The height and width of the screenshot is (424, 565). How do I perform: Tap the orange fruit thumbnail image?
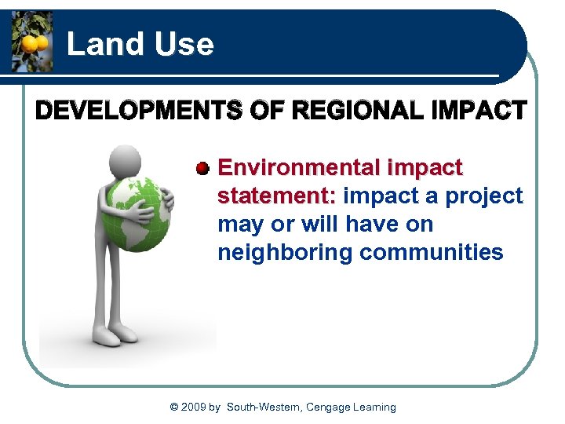pyautogui.click(x=32, y=42)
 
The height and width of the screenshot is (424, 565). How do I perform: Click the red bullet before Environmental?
pyautogui.click(x=202, y=168)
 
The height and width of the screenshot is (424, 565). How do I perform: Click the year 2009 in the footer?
pyautogui.click(x=195, y=407)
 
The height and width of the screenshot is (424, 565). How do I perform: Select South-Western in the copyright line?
pyautogui.click(x=263, y=407)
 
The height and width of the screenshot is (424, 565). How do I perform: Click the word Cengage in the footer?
pyautogui.click(x=328, y=407)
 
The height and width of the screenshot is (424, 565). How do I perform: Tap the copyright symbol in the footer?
pyautogui.click(x=174, y=407)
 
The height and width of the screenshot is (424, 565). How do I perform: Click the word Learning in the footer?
pyautogui.click(x=375, y=407)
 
